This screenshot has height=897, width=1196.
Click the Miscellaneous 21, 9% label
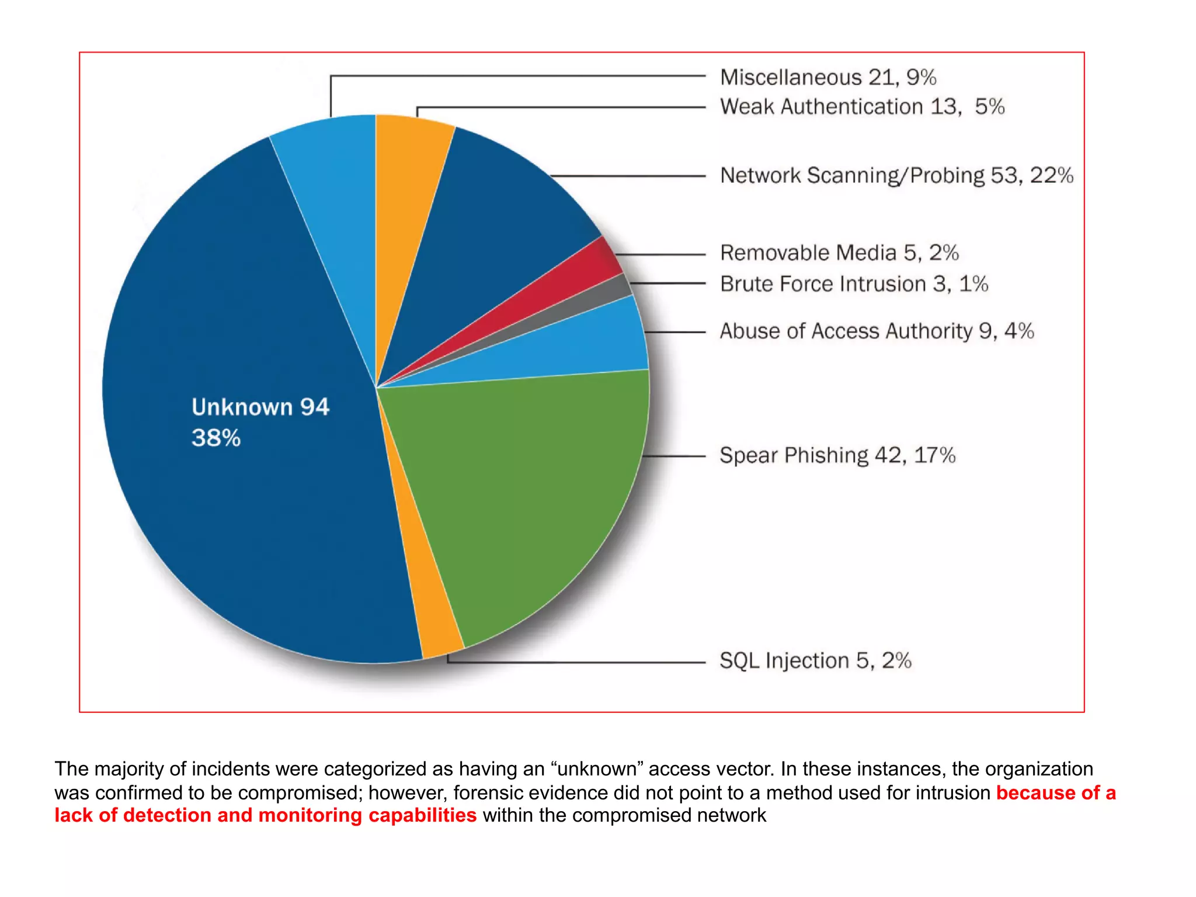828,77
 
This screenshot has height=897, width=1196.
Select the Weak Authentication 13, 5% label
862,107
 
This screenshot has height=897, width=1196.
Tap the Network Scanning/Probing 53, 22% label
896,175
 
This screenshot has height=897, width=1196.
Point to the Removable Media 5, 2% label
839,253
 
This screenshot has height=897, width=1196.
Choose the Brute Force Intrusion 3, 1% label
854,284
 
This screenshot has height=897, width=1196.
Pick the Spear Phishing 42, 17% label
837,455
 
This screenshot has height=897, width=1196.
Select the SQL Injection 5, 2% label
815,661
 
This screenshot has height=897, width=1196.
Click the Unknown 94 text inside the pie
260,407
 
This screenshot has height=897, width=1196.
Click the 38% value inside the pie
216,438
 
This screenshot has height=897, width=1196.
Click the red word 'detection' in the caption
167,816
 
